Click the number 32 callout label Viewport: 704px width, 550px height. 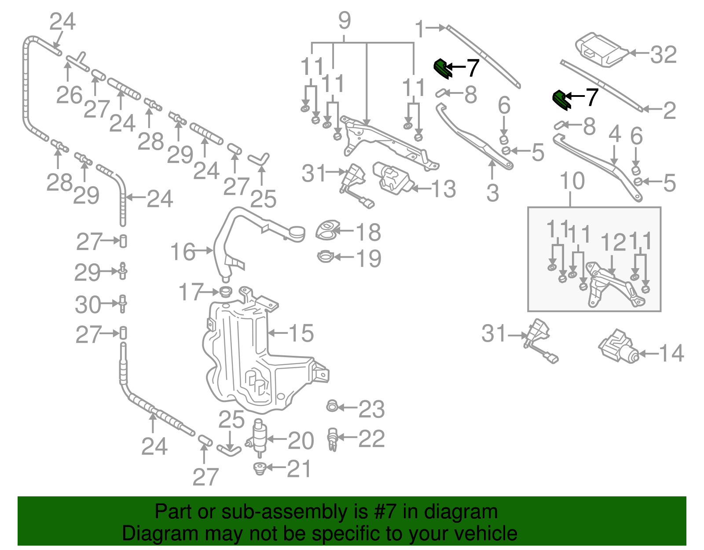click(664, 55)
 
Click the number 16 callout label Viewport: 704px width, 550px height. click(183, 252)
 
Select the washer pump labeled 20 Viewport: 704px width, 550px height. click(259, 437)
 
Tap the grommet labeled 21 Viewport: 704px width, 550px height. click(260, 468)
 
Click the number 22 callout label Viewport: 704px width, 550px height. click(371, 439)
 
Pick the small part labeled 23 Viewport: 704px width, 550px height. click(332, 406)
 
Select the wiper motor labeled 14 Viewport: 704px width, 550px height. click(618, 347)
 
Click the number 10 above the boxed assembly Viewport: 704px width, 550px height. click(572, 181)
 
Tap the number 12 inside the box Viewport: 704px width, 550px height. click(613, 242)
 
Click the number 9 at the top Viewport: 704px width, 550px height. click(345, 21)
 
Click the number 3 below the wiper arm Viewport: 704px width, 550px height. click(493, 192)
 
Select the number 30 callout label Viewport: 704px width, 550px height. click(88, 305)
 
